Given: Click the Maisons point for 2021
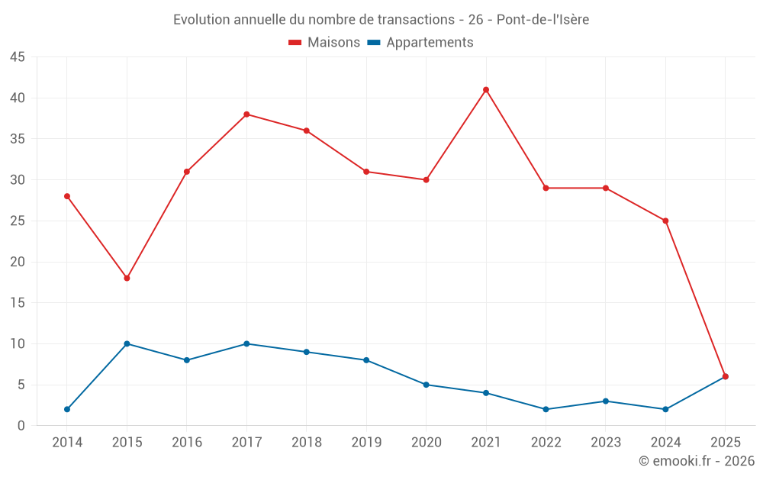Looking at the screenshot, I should tap(486, 90).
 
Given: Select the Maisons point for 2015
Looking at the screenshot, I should tap(127, 278).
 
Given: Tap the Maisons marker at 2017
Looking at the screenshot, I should tap(246, 114).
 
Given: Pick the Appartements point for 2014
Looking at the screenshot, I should tap(67, 409).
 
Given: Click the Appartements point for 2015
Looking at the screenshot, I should tap(127, 343).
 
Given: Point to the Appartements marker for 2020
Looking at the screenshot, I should tap(426, 385).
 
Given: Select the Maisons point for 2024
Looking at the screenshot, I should tap(665, 221).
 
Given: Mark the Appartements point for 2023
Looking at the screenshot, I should tap(606, 401).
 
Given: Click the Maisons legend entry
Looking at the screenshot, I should tap(324, 43).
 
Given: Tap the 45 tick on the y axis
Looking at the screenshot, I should tap(18, 57).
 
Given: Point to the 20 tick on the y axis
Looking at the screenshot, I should tap(18, 262).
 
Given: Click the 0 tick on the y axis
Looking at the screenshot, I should tap(21, 425).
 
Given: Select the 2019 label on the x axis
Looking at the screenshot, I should tap(366, 443).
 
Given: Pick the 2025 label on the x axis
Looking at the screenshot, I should tap(725, 443).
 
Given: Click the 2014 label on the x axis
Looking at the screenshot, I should tap(67, 443).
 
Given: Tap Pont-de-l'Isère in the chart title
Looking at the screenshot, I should tap(542, 20).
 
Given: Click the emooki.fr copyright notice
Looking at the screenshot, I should tap(697, 461).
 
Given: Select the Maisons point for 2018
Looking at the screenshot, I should tap(306, 131).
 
